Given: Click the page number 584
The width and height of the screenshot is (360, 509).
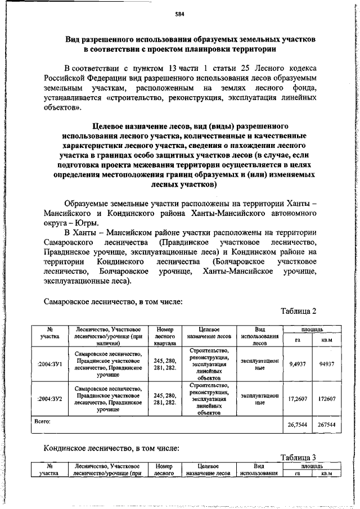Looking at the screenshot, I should pos(180,13).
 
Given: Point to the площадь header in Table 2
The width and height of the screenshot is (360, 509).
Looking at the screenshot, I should pos(311,328).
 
